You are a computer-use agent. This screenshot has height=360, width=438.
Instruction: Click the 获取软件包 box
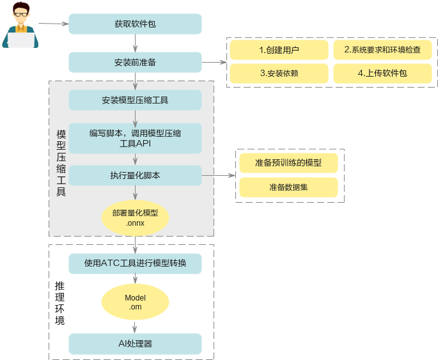[135, 24]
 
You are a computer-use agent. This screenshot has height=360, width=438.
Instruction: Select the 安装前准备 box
[135, 62]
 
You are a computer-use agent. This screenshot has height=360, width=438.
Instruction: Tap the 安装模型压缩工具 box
[135, 100]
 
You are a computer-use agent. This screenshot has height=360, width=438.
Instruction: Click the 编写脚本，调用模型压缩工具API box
[135, 138]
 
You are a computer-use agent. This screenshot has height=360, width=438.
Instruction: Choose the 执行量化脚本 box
[135, 175]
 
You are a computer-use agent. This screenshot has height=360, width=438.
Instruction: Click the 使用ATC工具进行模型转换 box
[135, 263]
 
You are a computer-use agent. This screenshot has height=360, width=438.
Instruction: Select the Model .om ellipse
[135, 302]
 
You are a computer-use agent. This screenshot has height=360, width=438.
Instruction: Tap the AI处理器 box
[135, 344]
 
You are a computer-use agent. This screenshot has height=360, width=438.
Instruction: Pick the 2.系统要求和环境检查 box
[382, 50]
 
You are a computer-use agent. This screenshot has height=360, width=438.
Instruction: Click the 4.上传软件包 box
[382, 73]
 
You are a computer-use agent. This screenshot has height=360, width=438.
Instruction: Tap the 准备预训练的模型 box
[288, 163]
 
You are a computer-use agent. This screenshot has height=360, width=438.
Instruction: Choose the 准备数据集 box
[288, 187]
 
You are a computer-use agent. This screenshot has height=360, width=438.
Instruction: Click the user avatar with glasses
[20, 25]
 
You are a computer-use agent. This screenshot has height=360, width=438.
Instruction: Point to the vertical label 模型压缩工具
[61, 163]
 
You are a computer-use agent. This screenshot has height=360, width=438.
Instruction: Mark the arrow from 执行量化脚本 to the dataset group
[218, 175]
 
